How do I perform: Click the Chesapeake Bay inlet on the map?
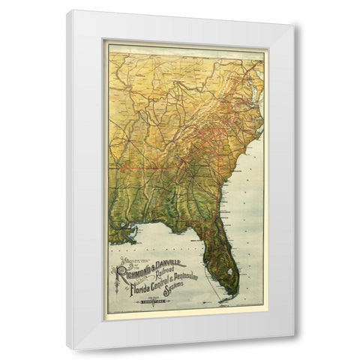(256, 93)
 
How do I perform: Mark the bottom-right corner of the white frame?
(293, 348)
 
